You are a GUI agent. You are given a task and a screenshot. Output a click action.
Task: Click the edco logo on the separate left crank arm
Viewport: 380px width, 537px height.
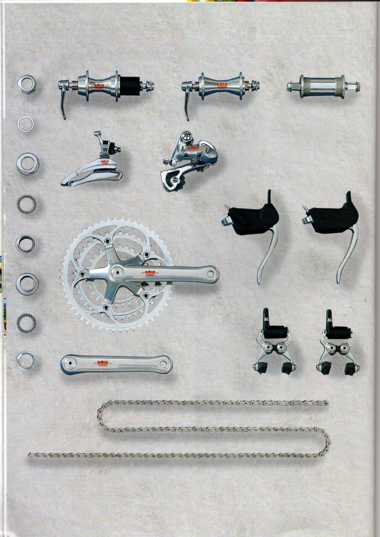tap(101, 362)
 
